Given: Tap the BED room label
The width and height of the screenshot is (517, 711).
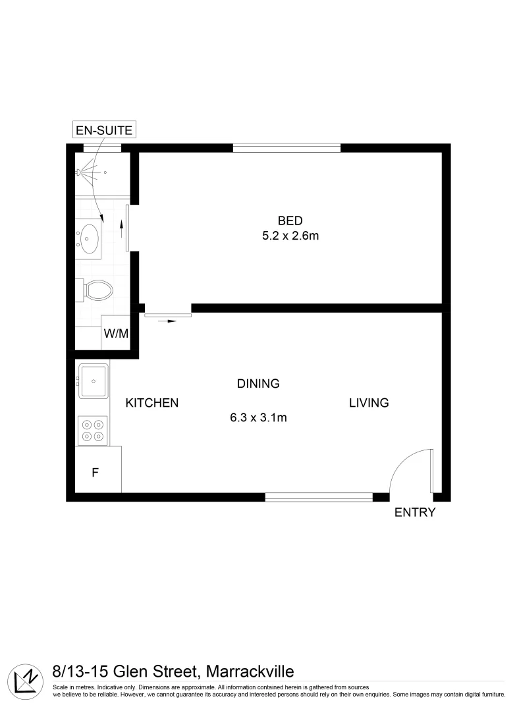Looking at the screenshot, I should click(x=290, y=221).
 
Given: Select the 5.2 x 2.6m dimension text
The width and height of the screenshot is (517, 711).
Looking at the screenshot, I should click(x=290, y=236).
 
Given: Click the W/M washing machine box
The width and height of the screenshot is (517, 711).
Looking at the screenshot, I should click(x=116, y=333).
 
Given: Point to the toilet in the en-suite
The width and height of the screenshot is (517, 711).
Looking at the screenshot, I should click(x=96, y=289).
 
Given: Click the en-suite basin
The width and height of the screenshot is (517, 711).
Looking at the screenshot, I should click(x=88, y=235).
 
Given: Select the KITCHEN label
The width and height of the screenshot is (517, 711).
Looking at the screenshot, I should click(x=152, y=403).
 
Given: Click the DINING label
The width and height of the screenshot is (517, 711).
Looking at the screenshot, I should click(x=259, y=383).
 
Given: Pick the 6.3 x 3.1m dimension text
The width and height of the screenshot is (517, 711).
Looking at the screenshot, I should click(x=259, y=417).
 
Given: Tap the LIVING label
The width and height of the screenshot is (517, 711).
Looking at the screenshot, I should click(x=369, y=403).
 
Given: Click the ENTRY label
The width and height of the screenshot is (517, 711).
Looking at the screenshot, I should click(x=415, y=513).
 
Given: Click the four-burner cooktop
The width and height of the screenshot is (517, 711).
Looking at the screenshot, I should click(x=93, y=430).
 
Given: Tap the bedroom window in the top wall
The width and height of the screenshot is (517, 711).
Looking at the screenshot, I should click(x=286, y=147).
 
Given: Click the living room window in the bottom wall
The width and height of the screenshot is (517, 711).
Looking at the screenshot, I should click(x=319, y=497).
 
